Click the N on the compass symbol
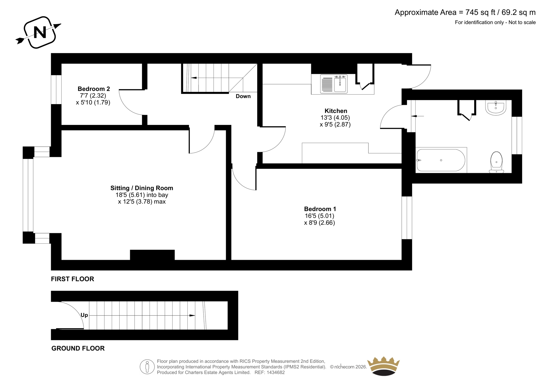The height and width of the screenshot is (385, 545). tap(40, 32)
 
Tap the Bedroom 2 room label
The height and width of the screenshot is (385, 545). tap(94, 89)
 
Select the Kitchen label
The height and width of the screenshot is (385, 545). tap(336, 111)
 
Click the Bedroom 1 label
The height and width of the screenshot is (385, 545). tap(320, 209)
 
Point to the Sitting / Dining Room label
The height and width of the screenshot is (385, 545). tap(142, 188)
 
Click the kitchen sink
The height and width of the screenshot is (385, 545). tap(333, 84)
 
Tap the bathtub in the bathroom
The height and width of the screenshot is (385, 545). tap(441, 160)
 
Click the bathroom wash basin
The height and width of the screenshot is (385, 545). tap(496, 108)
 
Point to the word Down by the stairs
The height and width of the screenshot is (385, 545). tap(243, 96)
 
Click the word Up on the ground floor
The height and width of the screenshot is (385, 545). tap(84, 315)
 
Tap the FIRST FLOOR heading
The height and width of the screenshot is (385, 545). tap(73, 279)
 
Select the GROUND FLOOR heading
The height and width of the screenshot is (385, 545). tap(78, 348)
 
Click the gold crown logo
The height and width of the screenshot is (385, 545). tap(384, 366)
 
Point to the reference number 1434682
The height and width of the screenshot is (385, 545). tap(275, 372)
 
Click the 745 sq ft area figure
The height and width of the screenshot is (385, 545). tap(480, 12)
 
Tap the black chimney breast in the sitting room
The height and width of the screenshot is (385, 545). tap(152, 255)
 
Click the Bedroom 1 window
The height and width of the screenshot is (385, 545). tap(407, 218)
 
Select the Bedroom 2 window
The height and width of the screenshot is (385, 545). tap(56, 90)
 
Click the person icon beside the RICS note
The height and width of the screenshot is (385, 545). tap(147, 367)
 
